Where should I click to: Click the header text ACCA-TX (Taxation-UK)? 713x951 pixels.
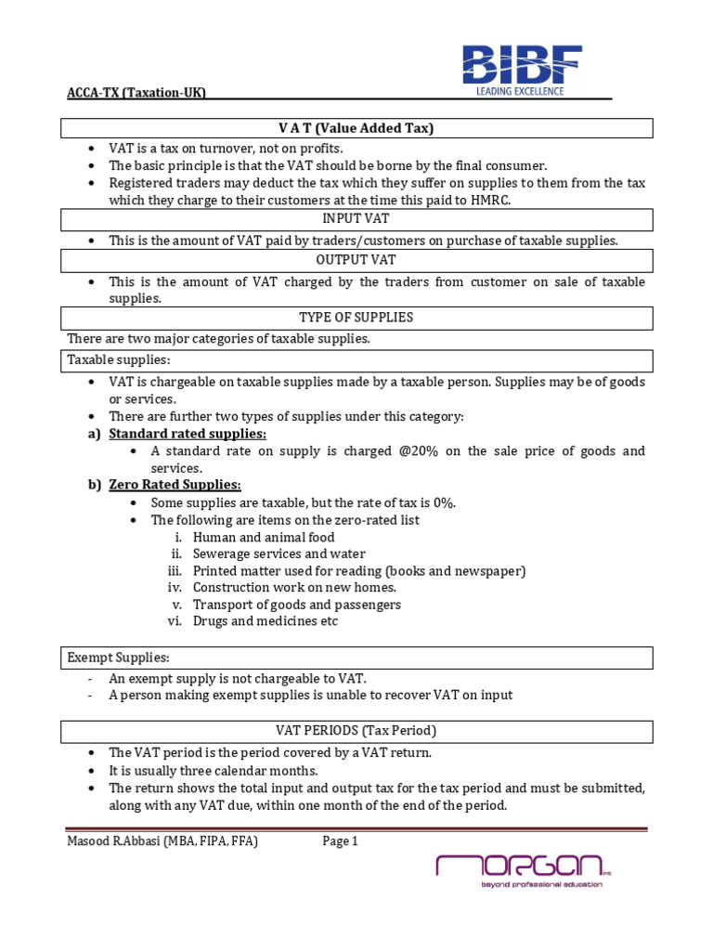tap(136, 93)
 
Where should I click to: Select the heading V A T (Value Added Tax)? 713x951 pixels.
tap(357, 128)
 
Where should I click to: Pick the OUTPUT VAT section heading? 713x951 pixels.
tap(357, 261)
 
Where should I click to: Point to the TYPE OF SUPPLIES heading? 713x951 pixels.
tap(357, 319)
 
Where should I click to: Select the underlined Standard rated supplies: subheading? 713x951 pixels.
tap(188, 434)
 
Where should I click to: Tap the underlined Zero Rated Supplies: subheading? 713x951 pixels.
tap(175, 485)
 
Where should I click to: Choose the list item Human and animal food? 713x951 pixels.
tap(264, 538)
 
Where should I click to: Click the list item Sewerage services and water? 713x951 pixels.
tap(279, 554)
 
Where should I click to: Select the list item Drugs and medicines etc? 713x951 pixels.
tap(266, 621)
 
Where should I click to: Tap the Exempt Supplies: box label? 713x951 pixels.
tap(118, 658)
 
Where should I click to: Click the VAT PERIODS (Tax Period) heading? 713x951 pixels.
tap(357, 730)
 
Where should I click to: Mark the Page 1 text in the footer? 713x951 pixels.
tap(340, 841)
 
